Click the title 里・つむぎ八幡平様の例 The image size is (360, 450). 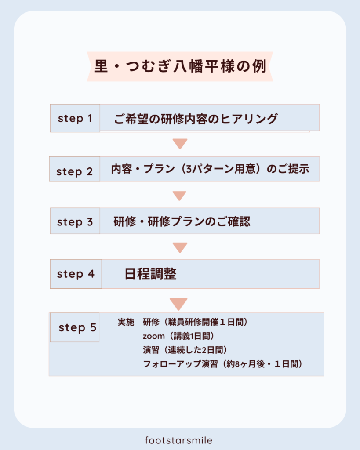point(180,66)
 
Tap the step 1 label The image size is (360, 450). point(75,118)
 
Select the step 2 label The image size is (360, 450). point(75,171)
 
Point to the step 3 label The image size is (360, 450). point(75,222)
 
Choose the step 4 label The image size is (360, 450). point(76,274)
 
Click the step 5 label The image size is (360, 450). point(77,327)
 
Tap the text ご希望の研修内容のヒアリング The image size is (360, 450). point(196,119)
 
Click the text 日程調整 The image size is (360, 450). point(150,274)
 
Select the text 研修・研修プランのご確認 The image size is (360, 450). point(182,221)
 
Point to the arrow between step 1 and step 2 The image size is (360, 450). point(180,143)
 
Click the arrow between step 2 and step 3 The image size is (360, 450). point(180,195)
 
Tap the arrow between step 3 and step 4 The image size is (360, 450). point(180,247)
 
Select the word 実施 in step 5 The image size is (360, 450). point(126,322)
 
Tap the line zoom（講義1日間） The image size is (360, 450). point(178,336)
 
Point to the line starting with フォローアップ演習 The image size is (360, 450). point(223,364)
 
